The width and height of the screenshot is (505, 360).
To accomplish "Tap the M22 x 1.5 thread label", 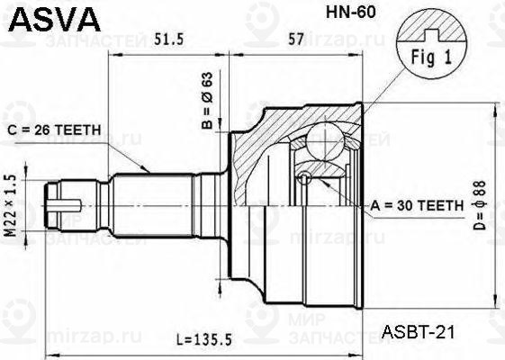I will coord(11,204).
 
